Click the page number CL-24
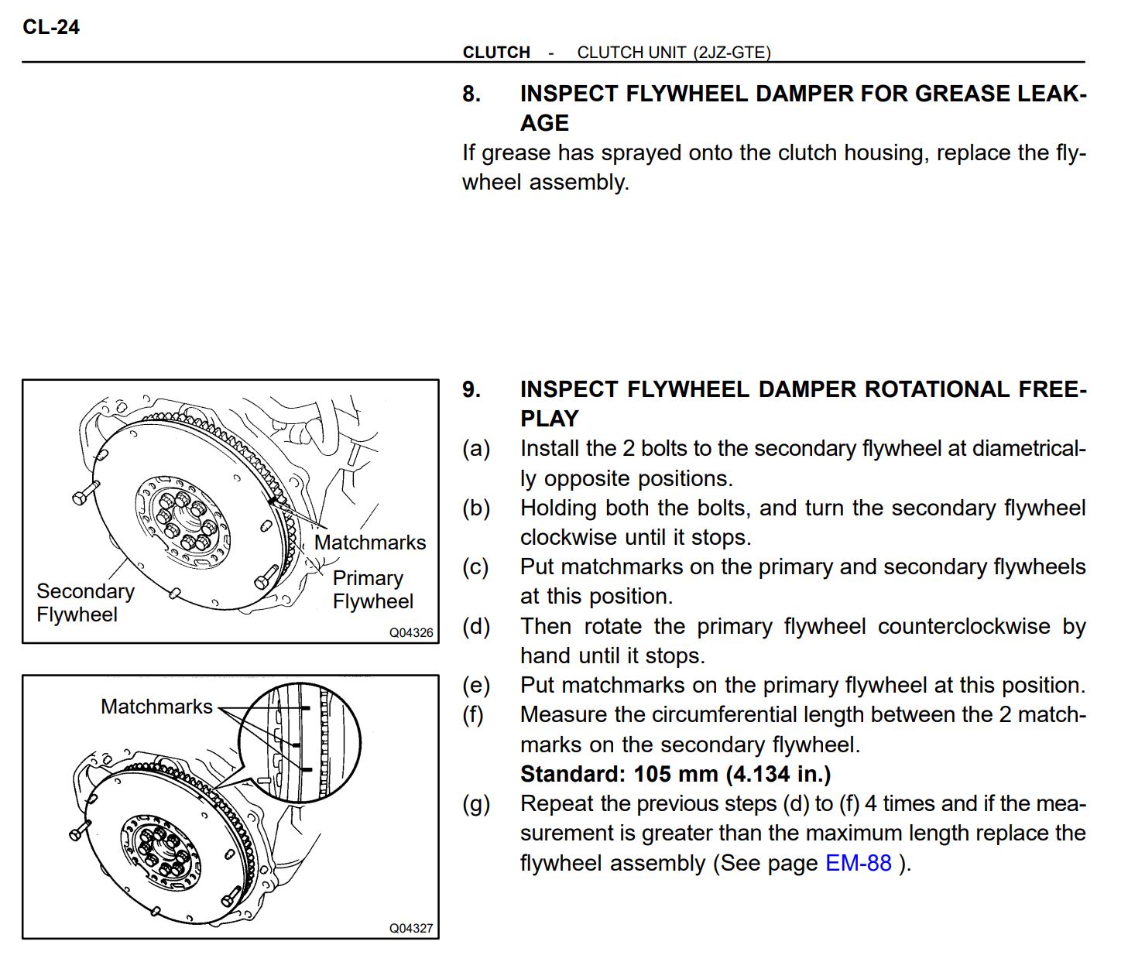[x=51, y=27]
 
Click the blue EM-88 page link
[x=858, y=863]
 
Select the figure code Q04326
[x=411, y=632]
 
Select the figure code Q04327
[x=411, y=928]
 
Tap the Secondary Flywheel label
[x=84, y=603]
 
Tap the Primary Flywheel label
[x=372, y=590]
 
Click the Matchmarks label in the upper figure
[x=370, y=543]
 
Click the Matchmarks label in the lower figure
[x=156, y=707]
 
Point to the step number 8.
[x=471, y=94]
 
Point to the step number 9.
[x=471, y=390]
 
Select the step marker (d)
[x=476, y=626]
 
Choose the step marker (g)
[x=476, y=804]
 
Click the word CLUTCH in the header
[x=496, y=53]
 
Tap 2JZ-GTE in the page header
[x=732, y=53]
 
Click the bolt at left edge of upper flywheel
[x=84, y=494]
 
